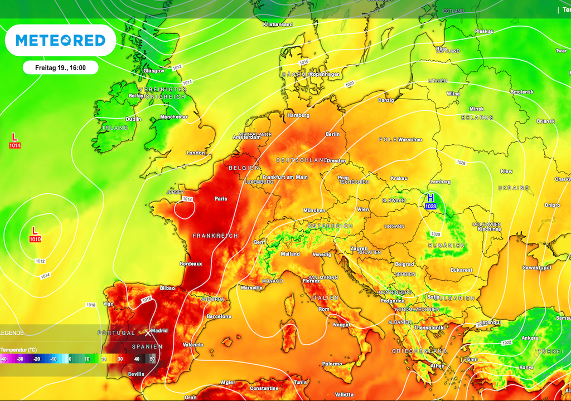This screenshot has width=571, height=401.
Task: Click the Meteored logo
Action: (x=60, y=40)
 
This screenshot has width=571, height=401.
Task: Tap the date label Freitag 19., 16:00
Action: (x=60, y=67)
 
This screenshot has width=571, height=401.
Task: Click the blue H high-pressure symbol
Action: (x=430, y=198)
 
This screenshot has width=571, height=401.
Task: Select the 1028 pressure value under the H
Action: (x=430, y=207)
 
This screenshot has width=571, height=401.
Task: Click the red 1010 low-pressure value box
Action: (x=35, y=239)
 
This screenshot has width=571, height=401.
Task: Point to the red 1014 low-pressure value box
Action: (x=15, y=145)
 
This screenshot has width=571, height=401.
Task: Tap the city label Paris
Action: (x=221, y=198)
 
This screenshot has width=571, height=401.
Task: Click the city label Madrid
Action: (x=160, y=330)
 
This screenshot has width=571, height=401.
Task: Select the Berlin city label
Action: (x=332, y=134)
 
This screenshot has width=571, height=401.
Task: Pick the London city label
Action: (x=196, y=153)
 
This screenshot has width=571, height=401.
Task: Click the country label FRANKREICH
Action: (x=215, y=236)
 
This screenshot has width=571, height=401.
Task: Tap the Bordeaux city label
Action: (x=191, y=263)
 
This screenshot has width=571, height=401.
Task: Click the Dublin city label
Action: (x=133, y=119)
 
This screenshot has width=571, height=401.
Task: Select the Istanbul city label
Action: (x=491, y=322)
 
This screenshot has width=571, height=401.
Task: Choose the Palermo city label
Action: (x=332, y=364)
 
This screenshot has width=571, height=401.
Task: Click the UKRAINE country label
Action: (x=514, y=188)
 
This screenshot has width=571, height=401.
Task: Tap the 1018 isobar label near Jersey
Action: (x=187, y=199)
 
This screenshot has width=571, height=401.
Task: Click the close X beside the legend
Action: (x=148, y=332)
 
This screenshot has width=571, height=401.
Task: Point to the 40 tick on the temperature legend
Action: (x=136, y=359)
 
